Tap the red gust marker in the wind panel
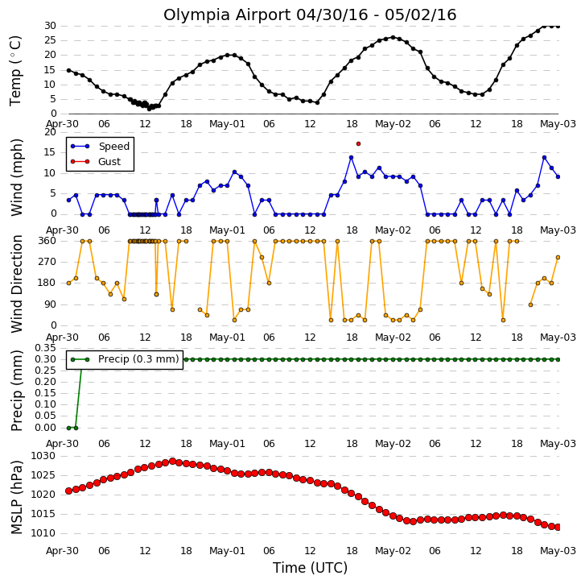click(x=359, y=143)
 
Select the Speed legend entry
click(x=100, y=147)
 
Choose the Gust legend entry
click(x=96, y=162)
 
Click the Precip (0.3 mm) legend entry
click(x=125, y=359)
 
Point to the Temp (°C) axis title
click(x=15, y=71)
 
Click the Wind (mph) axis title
click(x=16, y=177)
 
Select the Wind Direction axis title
click(x=16, y=284)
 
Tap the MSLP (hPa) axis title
click(x=16, y=497)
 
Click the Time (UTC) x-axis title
click(x=310, y=568)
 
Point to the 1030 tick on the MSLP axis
click(x=43, y=456)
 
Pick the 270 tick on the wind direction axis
click(x=47, y=262)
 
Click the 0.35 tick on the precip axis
click(x=45, y=348)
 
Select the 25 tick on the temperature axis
click(x=50, y=40)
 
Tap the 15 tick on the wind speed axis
click(x=50, y=152)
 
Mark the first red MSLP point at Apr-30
click(x=68, y=491)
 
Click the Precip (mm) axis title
click(x=16, y=391)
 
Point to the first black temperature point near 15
click(x=68, y=70)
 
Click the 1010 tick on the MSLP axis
click(x=43, y=533)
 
